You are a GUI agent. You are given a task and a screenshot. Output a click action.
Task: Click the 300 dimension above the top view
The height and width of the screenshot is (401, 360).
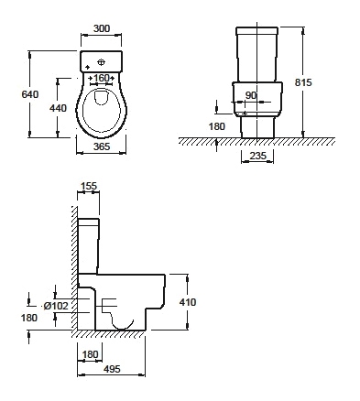click(102, 28)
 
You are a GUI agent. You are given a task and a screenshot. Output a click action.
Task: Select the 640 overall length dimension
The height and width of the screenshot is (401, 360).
click(30, 94)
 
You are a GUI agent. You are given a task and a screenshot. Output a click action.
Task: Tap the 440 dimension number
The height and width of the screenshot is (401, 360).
click(58, 108)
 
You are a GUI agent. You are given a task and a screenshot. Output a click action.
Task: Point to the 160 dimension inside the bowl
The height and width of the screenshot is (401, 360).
click(102, 78)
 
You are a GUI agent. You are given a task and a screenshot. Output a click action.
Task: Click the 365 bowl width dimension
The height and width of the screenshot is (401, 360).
click(102, 146)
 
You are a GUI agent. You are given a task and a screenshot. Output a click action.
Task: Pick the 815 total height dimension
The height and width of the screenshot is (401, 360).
click(303, 82)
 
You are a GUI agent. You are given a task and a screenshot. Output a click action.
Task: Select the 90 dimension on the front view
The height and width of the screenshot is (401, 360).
click(251, 95)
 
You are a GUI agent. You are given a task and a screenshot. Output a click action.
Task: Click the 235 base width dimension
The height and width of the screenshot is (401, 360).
click(258, 156)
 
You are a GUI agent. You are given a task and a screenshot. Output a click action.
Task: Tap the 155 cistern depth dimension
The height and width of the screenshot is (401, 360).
click(89, 186)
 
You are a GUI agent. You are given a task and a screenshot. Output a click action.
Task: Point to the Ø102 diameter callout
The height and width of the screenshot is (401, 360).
click(56, 306)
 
